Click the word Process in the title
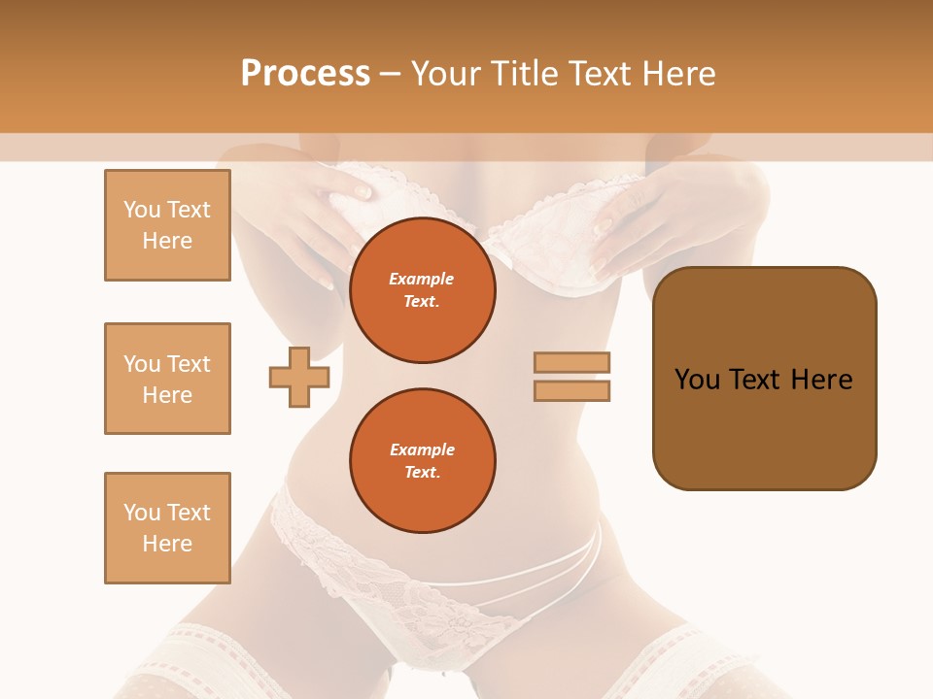coord(305,74)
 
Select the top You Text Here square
coord(167,225)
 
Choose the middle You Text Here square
coord(167,379)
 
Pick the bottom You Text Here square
coord(167,528)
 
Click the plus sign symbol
coord(299,377)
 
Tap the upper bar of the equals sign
coord(572,362)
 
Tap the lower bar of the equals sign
coord(572,390)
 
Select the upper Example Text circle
coord(422,289)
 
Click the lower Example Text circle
coord(422,460)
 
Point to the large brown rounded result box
coord(764,378)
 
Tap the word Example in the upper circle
coord(422,279)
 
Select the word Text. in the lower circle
coord(422,473)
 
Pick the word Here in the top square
coord(167,241)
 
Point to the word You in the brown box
coord(698,380)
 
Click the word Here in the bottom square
coord(167,544)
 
